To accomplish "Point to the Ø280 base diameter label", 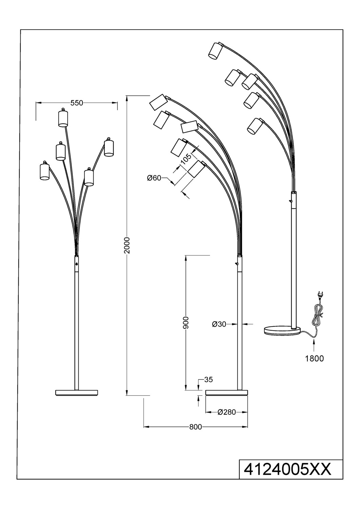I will [x=224, y=412].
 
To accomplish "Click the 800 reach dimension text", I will [x=195, y=427].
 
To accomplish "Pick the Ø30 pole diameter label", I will [x=219, y=324].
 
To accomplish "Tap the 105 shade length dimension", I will [x=186, y=159].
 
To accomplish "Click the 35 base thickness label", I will [x=208, y=380].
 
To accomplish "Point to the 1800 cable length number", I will [x=314, y=358].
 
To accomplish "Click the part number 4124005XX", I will [x=287, y=470].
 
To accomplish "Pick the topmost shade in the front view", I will [x=63, y=118].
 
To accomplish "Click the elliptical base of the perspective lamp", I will [x=282, y=331].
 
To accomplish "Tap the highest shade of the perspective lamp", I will [x=215, y=51].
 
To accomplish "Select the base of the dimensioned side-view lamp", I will [x=227, y=393].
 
